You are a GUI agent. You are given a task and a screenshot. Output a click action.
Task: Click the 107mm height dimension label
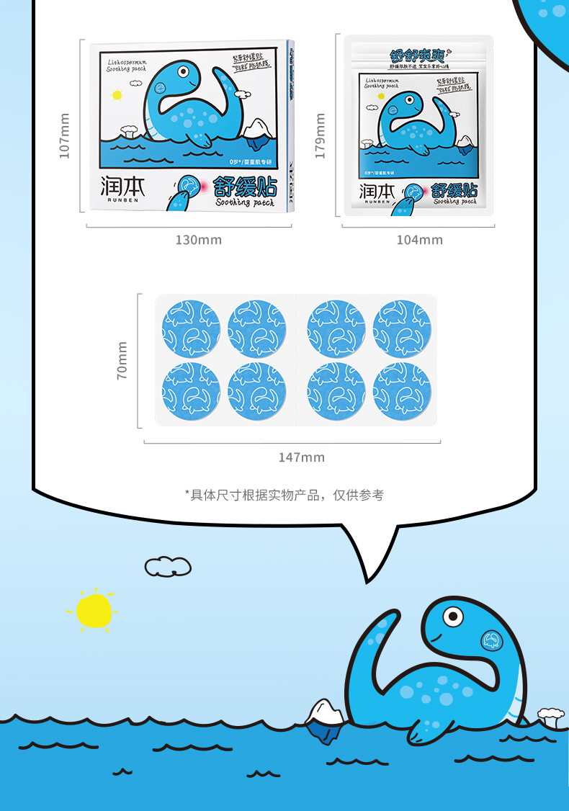(65, 135)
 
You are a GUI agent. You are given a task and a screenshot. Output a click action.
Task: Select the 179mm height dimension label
(321, 135)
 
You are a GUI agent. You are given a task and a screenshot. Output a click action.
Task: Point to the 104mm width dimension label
(420, 240)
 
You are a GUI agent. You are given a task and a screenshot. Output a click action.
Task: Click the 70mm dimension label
(122, 361)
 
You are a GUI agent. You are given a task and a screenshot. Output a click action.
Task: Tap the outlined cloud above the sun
(168, 567)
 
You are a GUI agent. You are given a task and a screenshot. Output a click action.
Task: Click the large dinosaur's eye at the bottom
(452, 617)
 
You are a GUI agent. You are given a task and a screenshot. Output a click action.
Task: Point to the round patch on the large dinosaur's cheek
(492, 640)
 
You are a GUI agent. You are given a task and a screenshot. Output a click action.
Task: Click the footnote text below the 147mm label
(284, 495)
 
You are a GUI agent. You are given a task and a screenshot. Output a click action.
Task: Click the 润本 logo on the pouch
(377, 191)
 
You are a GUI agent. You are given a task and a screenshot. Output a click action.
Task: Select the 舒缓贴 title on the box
(245, 188)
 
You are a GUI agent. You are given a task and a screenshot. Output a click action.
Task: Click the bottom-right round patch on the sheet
(402, 391)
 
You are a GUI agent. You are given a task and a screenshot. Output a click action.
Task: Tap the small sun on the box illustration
(117, 94)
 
